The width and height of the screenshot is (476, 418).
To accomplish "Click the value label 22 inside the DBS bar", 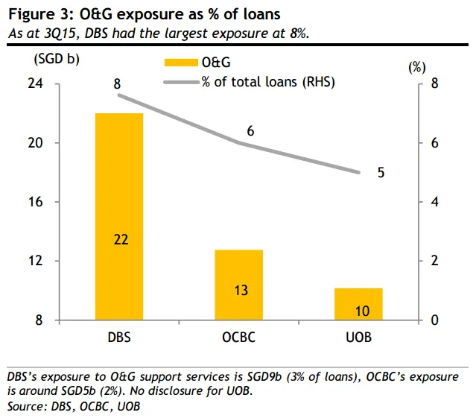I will pyautogui.click(x=119, y=238).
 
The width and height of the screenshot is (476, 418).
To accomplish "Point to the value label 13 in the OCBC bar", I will pyautogui.click(x=241, y=290).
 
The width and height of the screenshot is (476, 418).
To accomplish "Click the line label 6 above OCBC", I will pyautogui.click(x=251, y=131).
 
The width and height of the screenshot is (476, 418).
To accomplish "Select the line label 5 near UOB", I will pyautogui.click(x=381, y=172).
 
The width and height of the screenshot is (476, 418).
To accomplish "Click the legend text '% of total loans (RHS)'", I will pyautogui.click(x=267, y=82).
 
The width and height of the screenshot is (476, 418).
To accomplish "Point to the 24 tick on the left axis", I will pyautogui.click(x=57, y=84).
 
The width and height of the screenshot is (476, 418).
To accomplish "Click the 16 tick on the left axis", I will pyautogui.click(x=57, y=203).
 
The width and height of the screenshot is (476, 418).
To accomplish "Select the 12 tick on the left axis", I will pyautogui.click(x=57, y=262).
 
